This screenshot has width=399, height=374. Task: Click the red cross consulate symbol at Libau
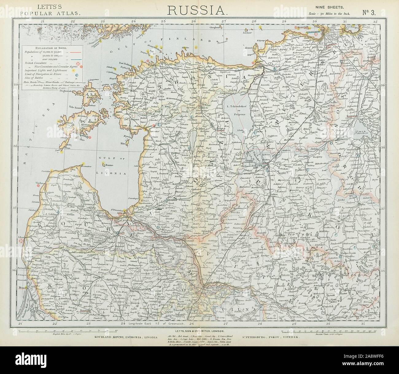coord(21,241)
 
